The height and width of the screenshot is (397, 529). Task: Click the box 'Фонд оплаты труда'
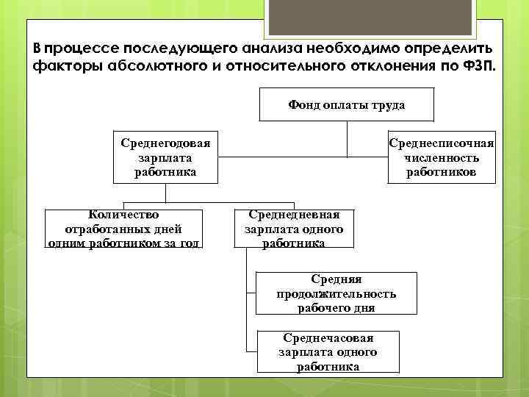(x=347, y=104)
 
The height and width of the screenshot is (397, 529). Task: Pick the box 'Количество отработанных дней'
(x=123, y=229)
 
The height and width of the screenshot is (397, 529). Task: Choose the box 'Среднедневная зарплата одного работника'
(x=293, y=229)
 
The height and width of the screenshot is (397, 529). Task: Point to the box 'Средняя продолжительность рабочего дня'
(x=336, y=293)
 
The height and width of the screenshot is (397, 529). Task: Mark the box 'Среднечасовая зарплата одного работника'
(x=328, y=351)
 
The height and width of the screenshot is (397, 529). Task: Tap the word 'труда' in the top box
(x=389, y=105)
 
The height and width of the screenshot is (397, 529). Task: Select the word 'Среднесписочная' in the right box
(x=441, y=143)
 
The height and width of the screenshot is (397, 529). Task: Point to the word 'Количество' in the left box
(x=123, y=215)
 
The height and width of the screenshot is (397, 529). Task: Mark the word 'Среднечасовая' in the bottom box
(x=328, y=338)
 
